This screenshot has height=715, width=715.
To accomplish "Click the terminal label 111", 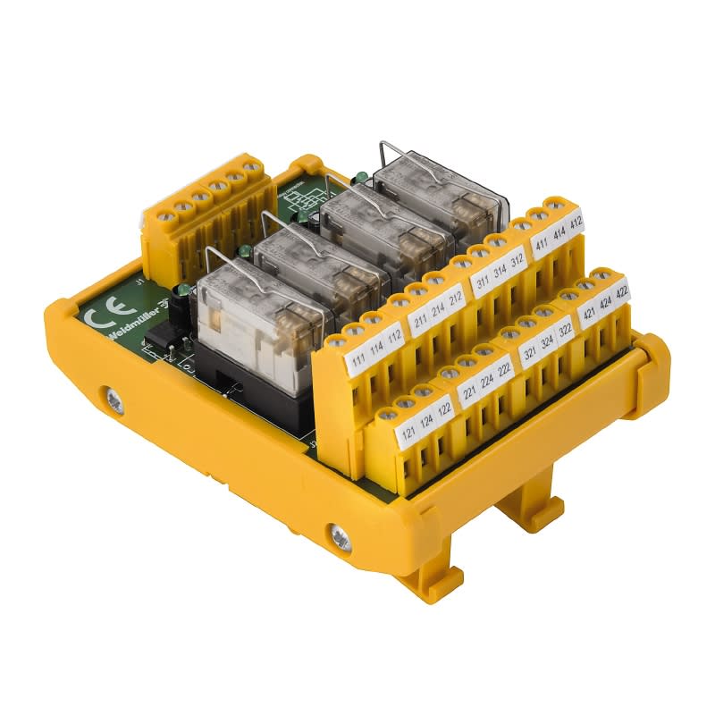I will [x=357, y=359].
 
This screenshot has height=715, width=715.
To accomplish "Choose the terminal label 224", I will [x=487, y=384].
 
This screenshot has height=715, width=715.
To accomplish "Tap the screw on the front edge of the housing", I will [x=341, y=535].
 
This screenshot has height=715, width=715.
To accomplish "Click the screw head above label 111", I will [x=337, y=339].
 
